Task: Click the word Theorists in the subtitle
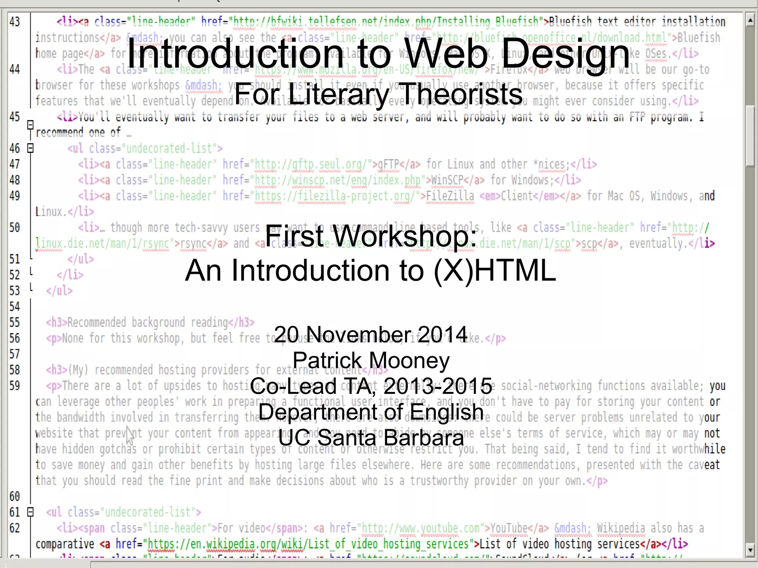coord(461,94)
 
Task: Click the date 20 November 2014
coord(370,335)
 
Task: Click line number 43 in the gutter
coord(15,22)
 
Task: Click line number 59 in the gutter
coord(15,386)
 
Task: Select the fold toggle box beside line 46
coord(31,148)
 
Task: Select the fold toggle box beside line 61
coord(31,512)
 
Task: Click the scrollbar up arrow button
coord(750,20)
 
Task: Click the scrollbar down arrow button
coord(750,550)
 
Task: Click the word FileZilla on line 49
coord(450,196)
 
